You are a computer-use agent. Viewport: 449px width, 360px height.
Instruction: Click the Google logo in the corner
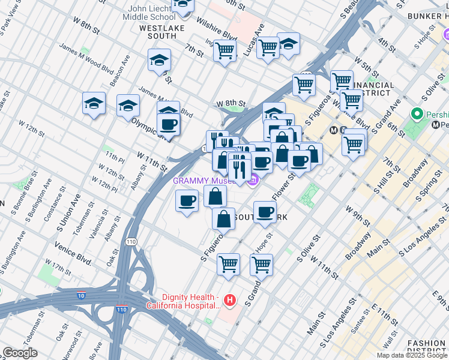click(20, 353)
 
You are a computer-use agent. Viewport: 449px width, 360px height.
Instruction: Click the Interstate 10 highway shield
click(81, 295)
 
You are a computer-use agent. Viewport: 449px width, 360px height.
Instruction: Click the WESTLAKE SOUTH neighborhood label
click(158, 32)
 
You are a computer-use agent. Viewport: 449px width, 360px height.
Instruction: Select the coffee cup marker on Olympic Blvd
click(168, 125)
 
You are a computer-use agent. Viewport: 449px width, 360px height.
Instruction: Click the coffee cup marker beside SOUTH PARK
click(265, 212)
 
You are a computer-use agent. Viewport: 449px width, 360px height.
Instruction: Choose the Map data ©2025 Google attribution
click(411, 355)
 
